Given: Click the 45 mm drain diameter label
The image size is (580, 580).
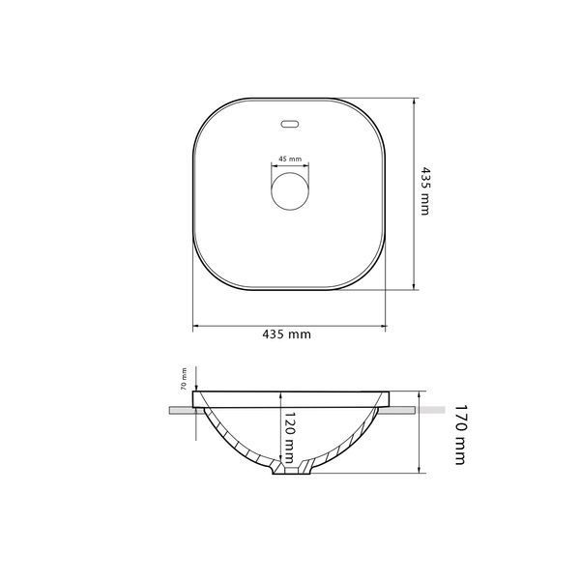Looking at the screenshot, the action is click(290, 159).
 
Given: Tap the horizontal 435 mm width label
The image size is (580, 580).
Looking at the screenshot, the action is click(287, 334).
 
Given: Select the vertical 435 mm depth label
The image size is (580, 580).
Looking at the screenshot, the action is click(425, 190).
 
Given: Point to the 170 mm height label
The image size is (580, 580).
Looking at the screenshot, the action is click(460, 434).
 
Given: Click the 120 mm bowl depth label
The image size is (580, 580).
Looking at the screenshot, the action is click(289, 438).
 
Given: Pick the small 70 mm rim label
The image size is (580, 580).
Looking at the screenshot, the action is click(183, 379).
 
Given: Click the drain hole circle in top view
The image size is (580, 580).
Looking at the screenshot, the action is click(290, 191).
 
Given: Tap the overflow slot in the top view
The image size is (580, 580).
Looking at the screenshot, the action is click(290, 125).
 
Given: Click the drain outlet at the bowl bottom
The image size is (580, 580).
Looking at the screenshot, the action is click(292, 471).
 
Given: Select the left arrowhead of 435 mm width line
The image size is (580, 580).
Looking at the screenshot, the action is click(195, 326).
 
